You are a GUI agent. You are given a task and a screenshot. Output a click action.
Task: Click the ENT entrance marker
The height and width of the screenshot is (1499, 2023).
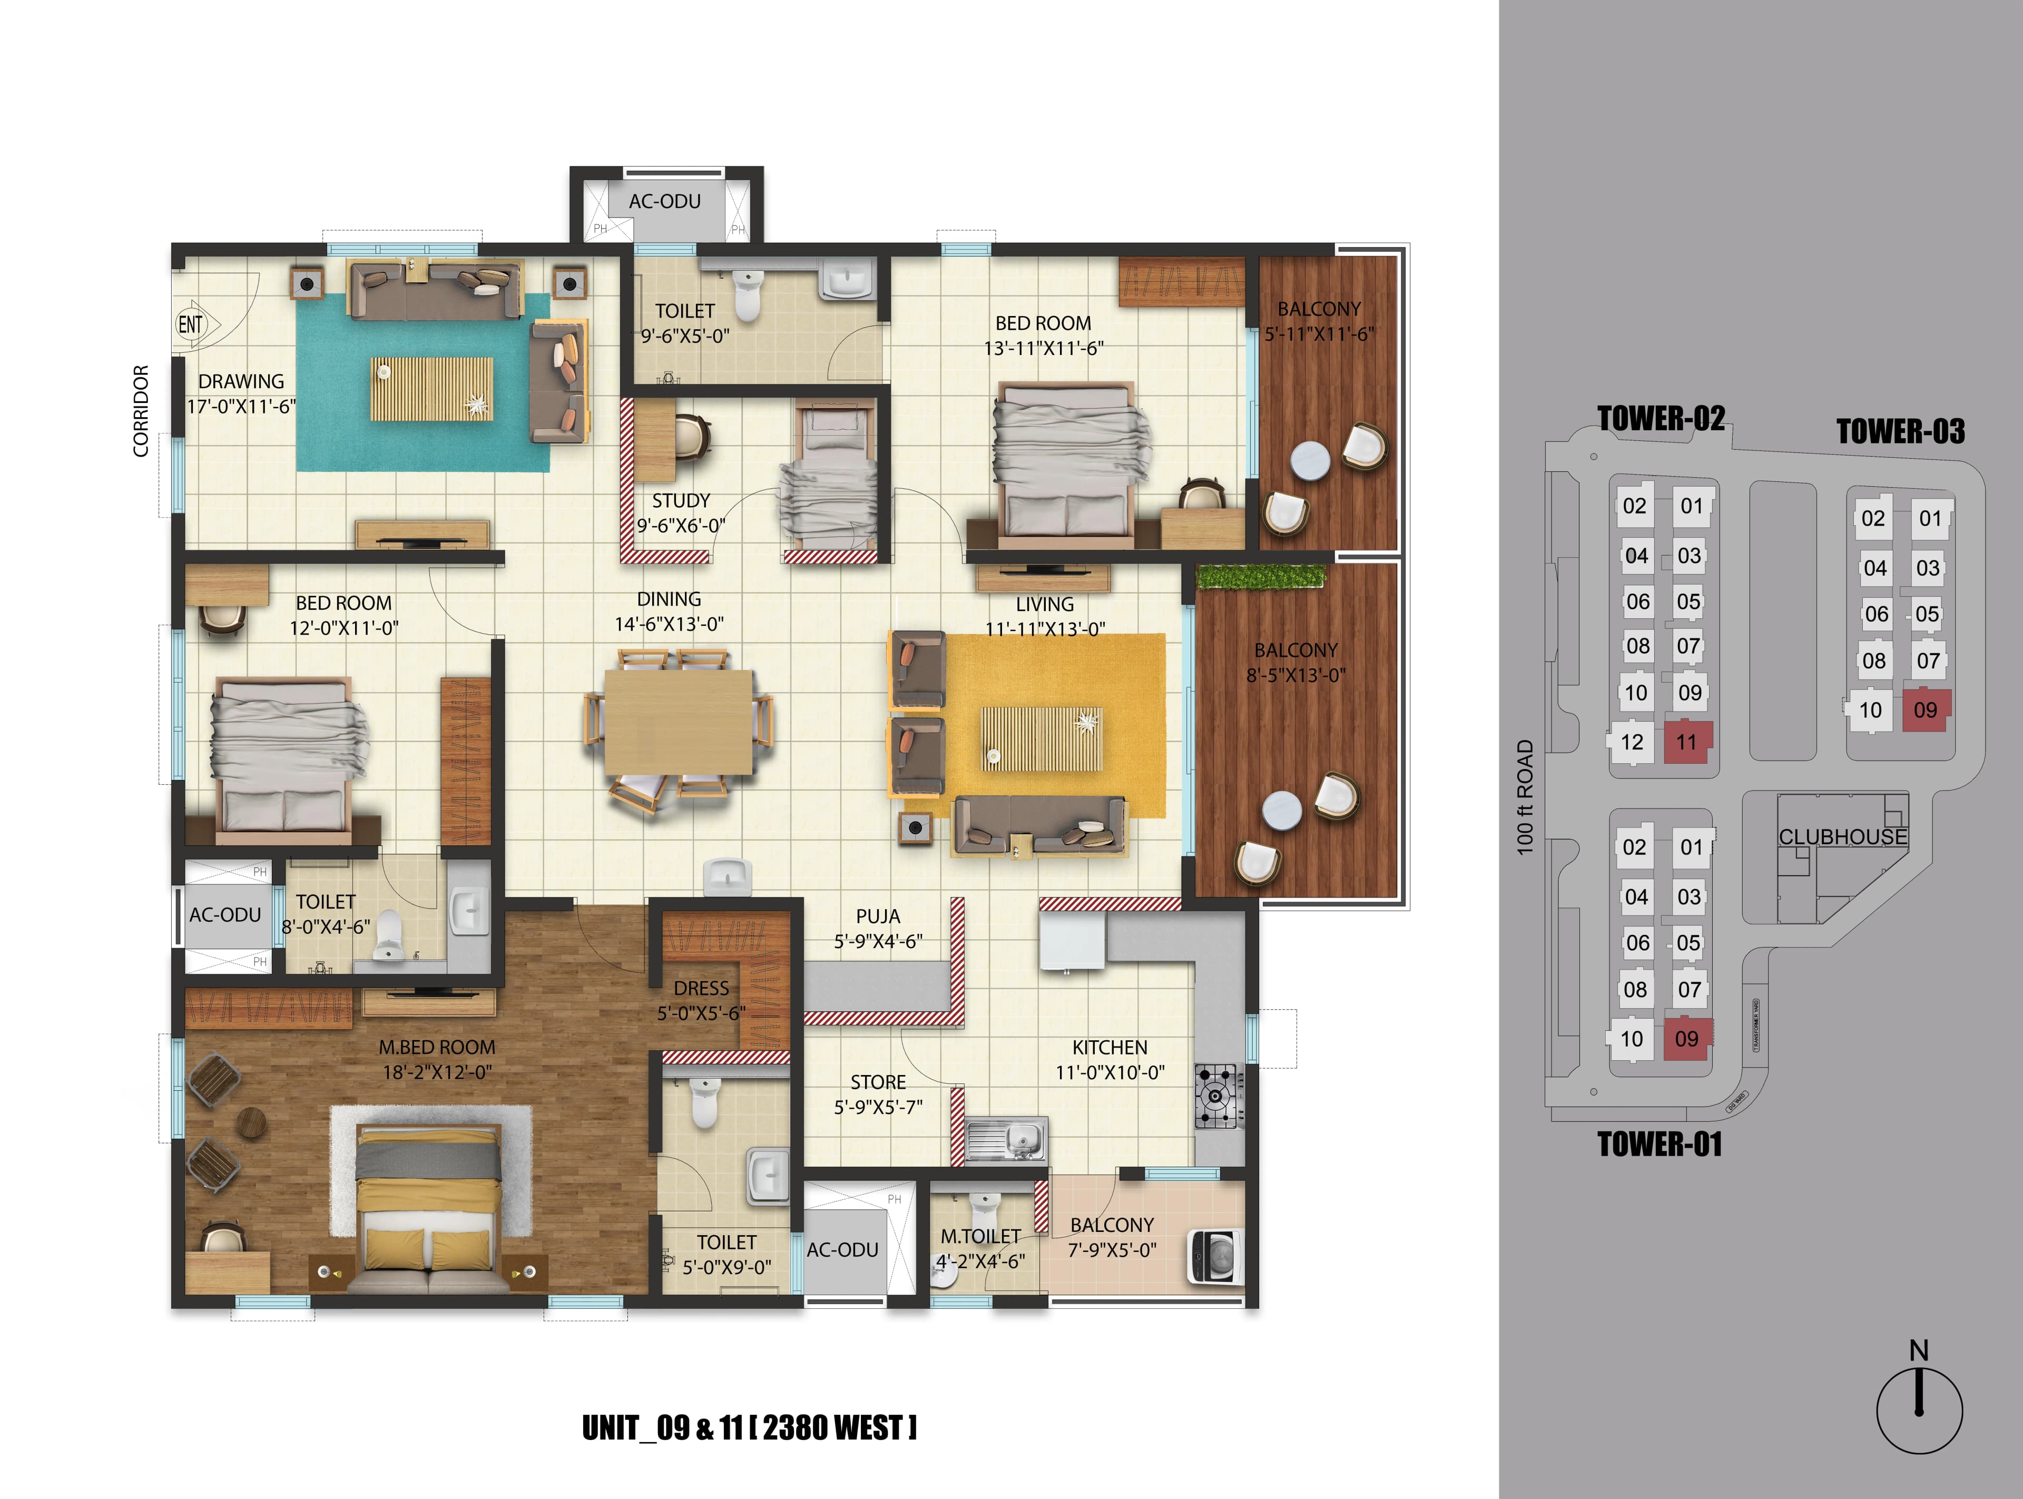click(191, 324)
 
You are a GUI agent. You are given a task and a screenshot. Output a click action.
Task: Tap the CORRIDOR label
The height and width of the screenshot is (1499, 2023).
click(141, 411)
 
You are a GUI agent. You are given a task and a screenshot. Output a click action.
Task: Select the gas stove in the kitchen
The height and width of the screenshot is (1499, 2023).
click(1218, 1096)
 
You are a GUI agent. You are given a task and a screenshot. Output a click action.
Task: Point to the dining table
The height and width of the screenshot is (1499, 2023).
click(678, 722)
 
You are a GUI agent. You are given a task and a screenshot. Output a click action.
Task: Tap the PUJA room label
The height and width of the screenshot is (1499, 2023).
click(878, 916)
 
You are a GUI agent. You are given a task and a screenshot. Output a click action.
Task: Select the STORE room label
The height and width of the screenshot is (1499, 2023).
click(878, 1082)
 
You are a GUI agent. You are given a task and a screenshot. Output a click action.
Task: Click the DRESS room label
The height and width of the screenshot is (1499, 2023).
click(701, 988)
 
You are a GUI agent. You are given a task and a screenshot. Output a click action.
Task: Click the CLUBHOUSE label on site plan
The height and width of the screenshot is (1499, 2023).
click(1842, 836)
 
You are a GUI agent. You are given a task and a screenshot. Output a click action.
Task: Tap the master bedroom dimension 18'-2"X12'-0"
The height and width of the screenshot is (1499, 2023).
click(437, 1072)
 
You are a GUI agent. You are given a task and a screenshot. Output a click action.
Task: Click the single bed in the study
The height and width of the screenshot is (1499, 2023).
click(830, 481)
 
